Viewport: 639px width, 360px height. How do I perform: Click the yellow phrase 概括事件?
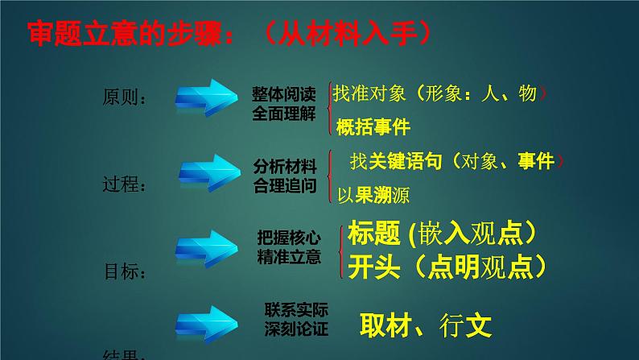(x=373, y=127)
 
